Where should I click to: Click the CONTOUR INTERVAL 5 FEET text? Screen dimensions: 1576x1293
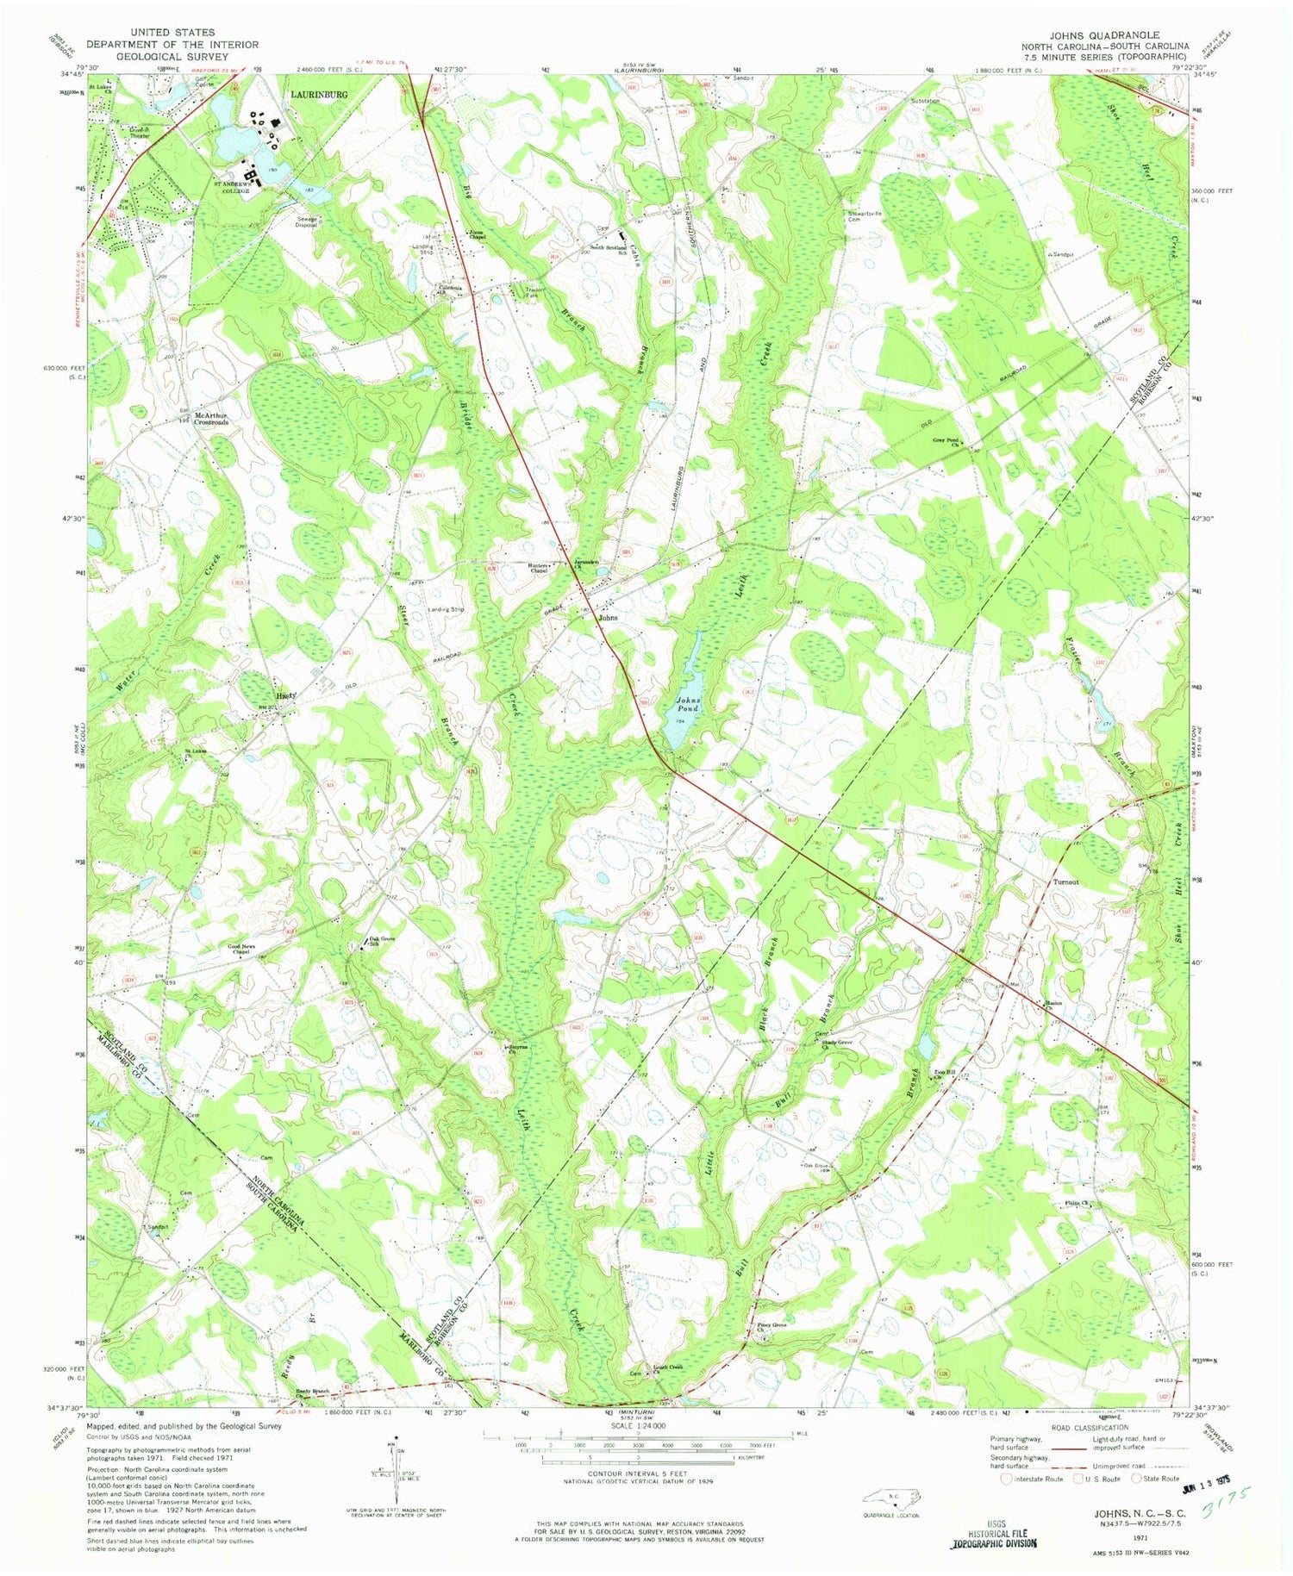click(x=638, y=1473)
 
